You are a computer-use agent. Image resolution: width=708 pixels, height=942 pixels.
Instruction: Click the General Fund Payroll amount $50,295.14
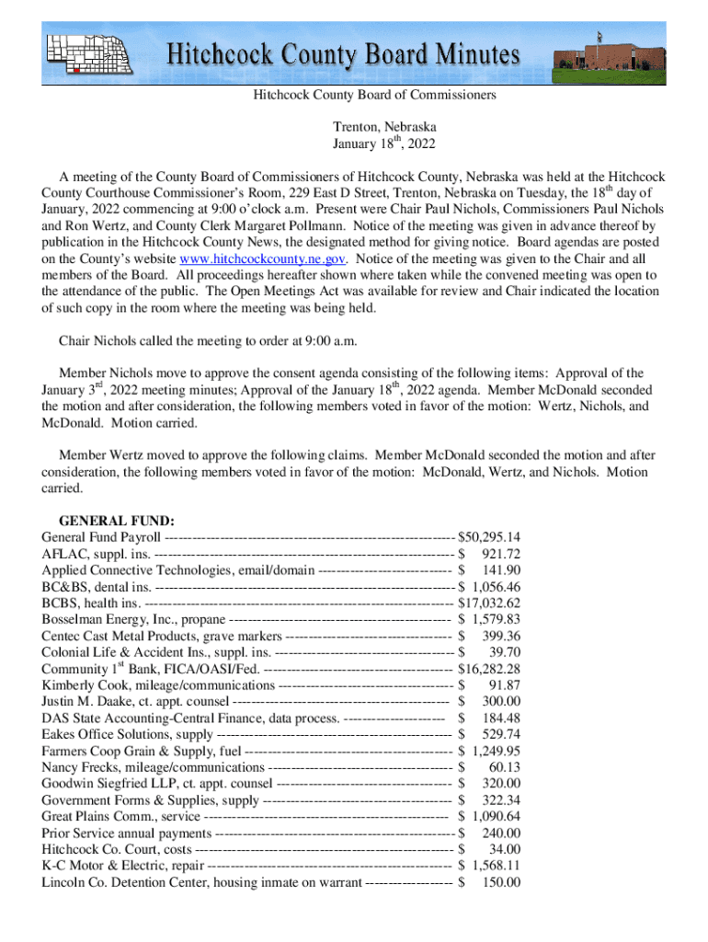click(x=489, y=537)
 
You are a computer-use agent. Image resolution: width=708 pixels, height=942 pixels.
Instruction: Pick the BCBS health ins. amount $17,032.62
click(x=489, y=603)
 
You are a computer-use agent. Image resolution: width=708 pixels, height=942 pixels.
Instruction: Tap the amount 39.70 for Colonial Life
click(x=505, y=652)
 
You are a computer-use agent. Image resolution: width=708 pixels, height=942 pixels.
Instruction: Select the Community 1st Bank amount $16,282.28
click(x=489, y=669)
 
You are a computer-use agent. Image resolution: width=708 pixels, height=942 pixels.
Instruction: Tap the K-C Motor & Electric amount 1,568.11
click(x=496, y=866)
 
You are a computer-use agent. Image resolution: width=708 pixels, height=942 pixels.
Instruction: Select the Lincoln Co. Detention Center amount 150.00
click(x=501, y=882)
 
